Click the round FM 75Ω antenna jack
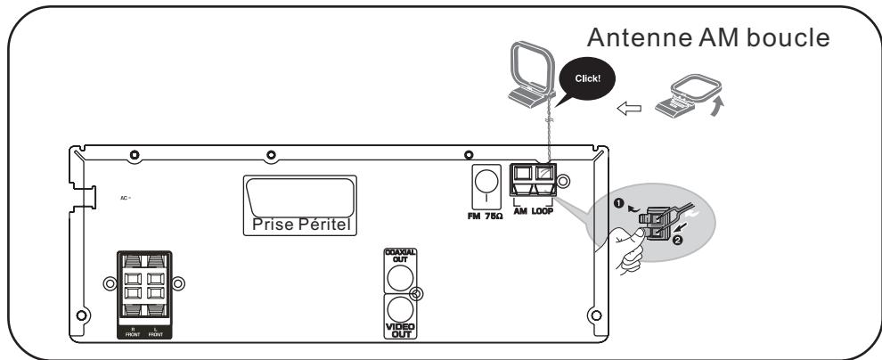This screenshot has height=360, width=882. click(x=486, y=184)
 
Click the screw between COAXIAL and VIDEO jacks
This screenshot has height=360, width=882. click(x=416, y=292)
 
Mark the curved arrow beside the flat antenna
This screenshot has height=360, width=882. click(x=718, y=110)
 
